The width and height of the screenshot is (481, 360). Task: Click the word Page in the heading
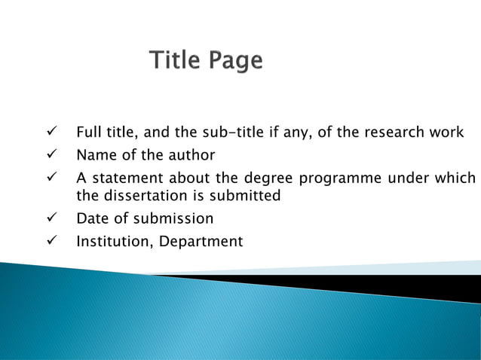pos(236,61)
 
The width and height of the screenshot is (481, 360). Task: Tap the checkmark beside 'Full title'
pos(52,133)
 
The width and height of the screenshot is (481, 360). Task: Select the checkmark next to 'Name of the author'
pos(52,155)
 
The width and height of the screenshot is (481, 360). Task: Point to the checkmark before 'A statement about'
pos(52,178)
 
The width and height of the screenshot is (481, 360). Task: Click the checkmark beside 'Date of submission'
pos(52,218)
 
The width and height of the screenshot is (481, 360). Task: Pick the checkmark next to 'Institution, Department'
pos(52,242)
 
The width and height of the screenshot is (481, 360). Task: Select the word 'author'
pos(191,156)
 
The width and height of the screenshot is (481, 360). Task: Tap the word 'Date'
pos(92,219)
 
